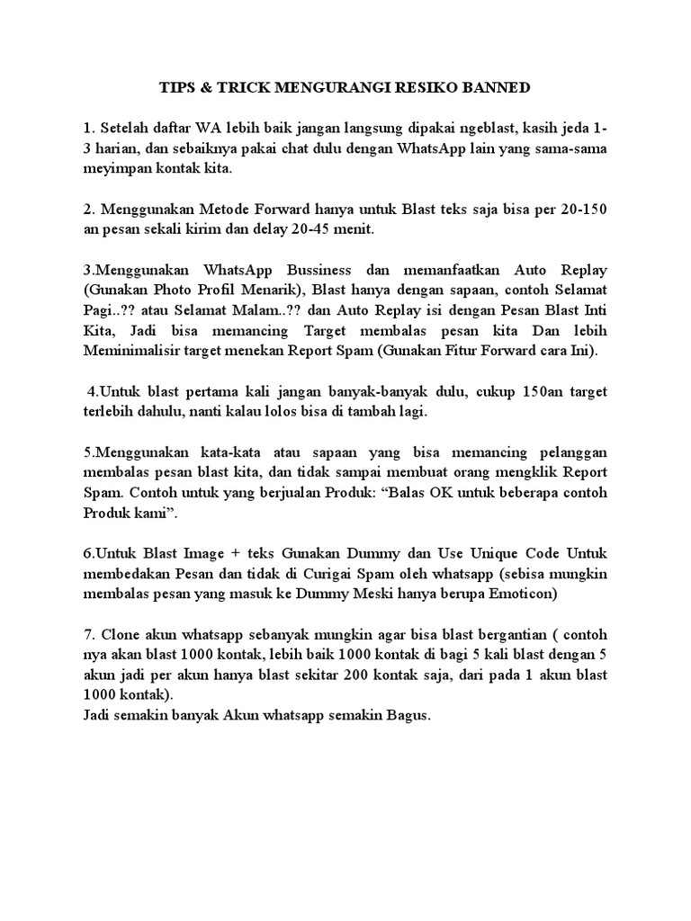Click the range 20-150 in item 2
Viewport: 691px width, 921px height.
[x=580, y=209]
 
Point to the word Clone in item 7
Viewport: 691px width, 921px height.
[x=119, y=633]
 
